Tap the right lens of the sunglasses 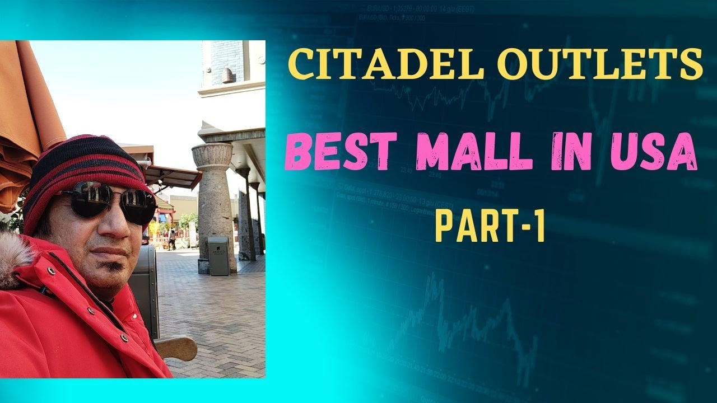[x=139, y=207]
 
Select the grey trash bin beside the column [x=218, y=255]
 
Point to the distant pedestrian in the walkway [x=173, y=238]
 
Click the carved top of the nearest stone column [x=212, y=154]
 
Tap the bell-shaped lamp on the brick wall [x=228, y=76]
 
